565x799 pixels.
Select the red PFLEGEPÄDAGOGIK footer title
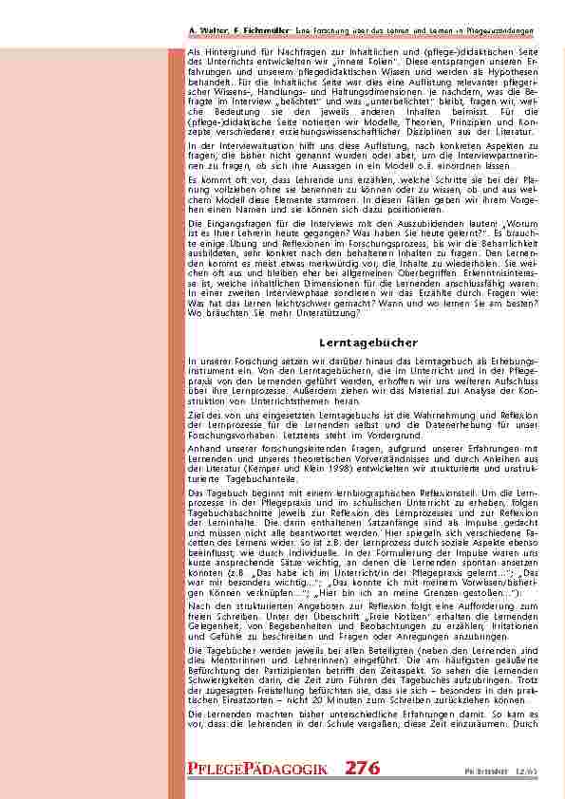pyautogui.click(x=263, y=770)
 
